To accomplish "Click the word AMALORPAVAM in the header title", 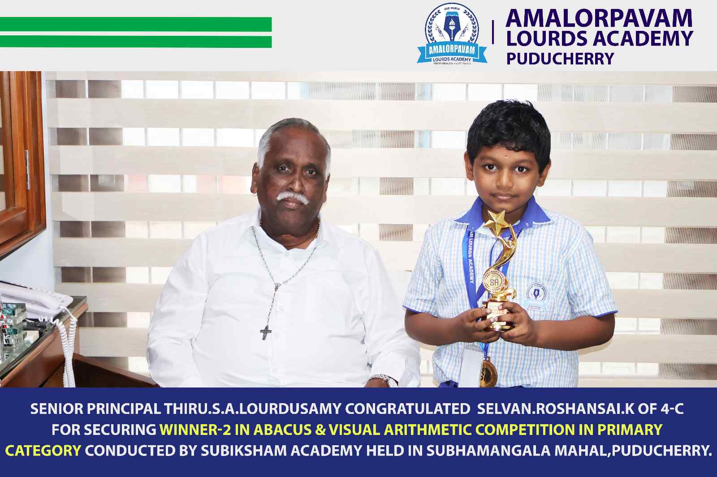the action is (599, 18).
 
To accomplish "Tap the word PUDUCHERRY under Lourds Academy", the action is (560, 59).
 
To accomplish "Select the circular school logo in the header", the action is (452, 33).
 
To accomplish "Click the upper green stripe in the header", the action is (136, 24).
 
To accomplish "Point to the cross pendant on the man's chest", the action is (266, 332).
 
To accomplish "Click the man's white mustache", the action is (293, 197).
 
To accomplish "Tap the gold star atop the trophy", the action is (495, 221).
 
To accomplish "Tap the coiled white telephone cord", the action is (69, 345).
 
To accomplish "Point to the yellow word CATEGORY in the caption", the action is (43, 450).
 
